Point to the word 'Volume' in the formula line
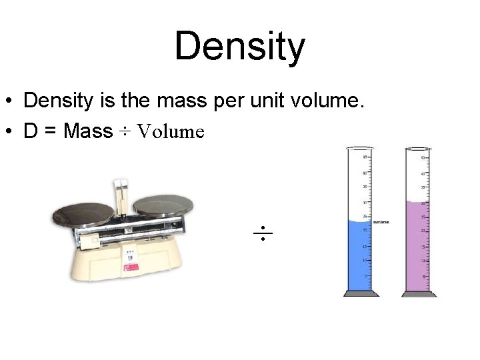[x=170, y=131]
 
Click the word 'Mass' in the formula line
[x=88, y=131]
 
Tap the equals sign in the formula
[x=50, y=131]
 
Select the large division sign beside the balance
[x=263, y=233]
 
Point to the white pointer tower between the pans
[x=122, y=193]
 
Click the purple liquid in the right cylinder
[x=419, y=247]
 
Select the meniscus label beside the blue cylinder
[x=381, y=222]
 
